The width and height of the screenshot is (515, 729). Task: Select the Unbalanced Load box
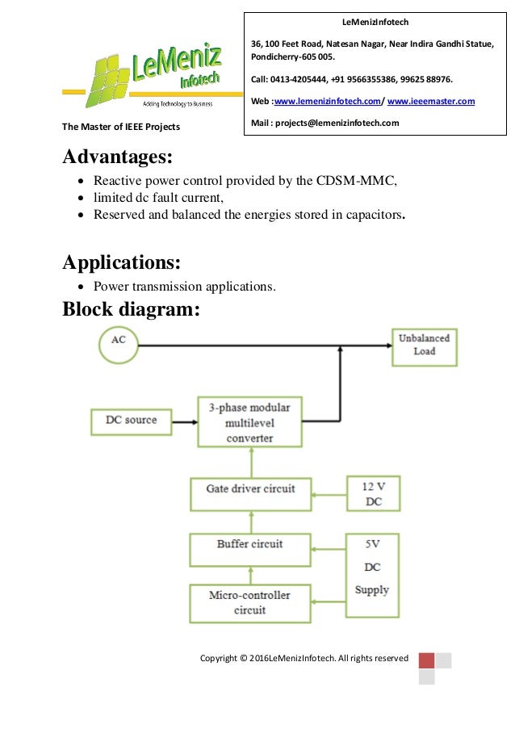(x=424, y=345)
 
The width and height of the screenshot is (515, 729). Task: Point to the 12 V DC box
(x=372, y=492)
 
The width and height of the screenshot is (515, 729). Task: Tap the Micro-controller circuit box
(x=250, y=603)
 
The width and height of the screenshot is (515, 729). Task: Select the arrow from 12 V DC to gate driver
(x=329, y=490)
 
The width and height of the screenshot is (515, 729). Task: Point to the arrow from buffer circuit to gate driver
(x=250, y=521)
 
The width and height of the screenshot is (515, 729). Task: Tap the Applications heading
(x=121, y=262)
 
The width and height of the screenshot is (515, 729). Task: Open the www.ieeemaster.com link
(x=431, y=102)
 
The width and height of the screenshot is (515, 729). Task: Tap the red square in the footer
(x=426, y=660)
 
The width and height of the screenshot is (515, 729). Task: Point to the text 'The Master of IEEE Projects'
(x=121, y=128)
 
